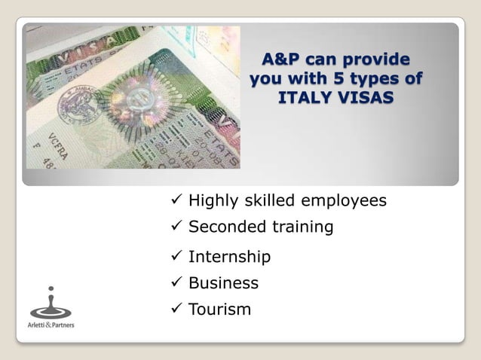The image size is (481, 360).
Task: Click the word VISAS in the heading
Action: (x=365, y=99)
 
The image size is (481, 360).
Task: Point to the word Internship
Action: (x=229, y=258)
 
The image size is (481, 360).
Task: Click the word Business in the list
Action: (x=223, y=283)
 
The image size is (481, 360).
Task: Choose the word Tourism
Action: (x=219, y=310)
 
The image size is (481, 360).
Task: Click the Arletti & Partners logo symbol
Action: (x=51, y=304)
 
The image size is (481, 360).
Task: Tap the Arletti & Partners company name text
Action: (x=51, y=325)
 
